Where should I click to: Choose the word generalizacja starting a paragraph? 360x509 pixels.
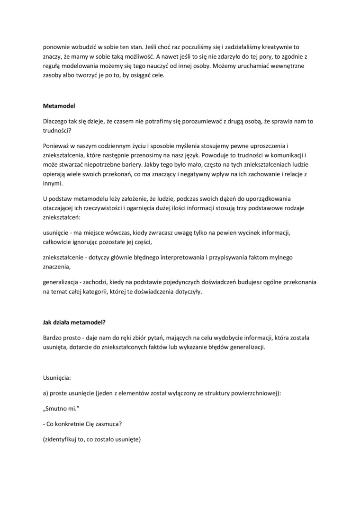click(x=60, y=282)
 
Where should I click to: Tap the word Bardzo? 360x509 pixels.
click(x=52, y=338)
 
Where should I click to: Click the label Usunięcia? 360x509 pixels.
click(x=57, y=379)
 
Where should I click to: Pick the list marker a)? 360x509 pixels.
click(x=46, y=394)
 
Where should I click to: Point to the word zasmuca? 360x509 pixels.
click(x=109, y=424)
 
